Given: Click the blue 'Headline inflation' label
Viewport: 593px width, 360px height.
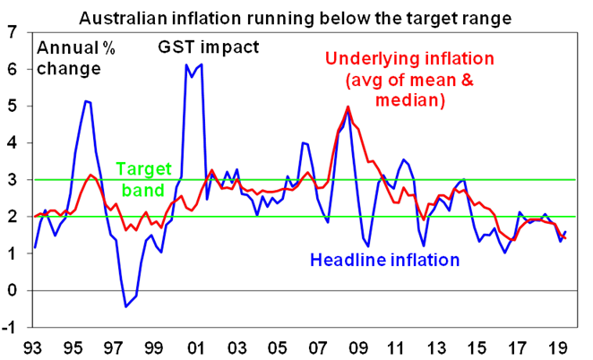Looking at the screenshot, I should pyautogui.click(x=384, y=261).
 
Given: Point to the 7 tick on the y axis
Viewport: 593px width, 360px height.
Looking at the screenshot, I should pyautogui.click(x=11, y=33).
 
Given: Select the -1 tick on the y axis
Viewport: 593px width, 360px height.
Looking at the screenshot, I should pyautogui.click(x=9, y=327).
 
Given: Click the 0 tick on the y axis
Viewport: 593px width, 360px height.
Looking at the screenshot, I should pyautogui.click(x=11, y=290).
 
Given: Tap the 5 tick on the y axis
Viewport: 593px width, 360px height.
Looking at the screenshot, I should pyautogui.click(x=11, y=107).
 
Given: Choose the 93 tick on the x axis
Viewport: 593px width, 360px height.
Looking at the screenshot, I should pyautogui.click(x=33, y=346).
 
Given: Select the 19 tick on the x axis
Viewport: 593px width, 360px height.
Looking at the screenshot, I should pyautogui.click(x=554, y=346).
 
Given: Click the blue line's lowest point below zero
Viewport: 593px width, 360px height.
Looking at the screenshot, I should pyautogui.click(x=126, y=306).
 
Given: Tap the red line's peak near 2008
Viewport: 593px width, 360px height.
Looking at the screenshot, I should pyautogui.click(x=348, y=107).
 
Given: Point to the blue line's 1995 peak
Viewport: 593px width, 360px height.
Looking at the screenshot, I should pyautogui.click(x=87, y=101).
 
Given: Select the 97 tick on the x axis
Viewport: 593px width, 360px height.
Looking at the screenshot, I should pyautogui.click(x=113, y=346).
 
